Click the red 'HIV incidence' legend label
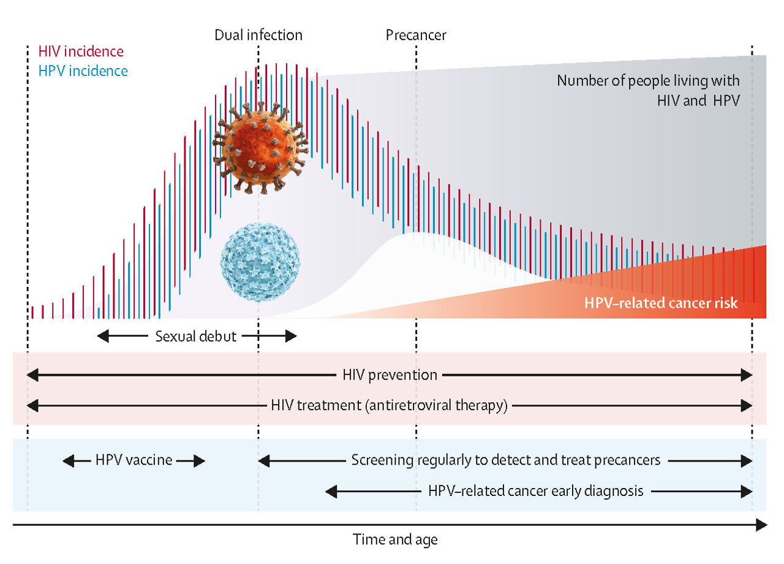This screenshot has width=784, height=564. pos(81,52)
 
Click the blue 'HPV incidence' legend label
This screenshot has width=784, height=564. pos(83,71)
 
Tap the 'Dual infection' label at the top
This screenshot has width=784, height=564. pos(258,35)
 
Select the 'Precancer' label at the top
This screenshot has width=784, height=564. pos(416,35)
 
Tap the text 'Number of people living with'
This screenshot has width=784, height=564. pos(648,80)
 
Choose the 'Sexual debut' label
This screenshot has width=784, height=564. pos(195,336)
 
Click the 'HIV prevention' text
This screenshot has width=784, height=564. pos(390,375)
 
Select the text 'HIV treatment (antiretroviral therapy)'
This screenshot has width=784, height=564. pos(390,406)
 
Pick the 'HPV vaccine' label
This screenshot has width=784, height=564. pos(134,460)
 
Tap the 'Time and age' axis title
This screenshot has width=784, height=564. pos(395,539)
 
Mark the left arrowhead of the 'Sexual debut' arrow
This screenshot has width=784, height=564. pos(102,336)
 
